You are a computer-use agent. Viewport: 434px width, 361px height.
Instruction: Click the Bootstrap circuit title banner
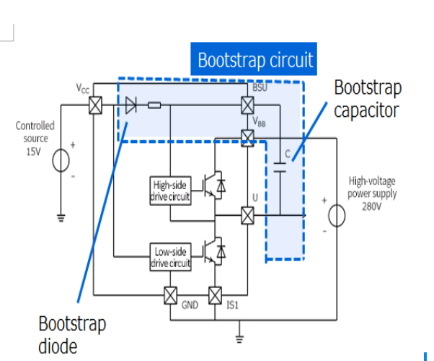[256, 59]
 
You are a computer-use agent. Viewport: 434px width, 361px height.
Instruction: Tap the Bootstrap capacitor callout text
[367, 99]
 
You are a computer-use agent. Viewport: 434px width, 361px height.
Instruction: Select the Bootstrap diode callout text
[71, 334]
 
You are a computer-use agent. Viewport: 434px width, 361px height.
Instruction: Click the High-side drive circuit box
[171, 189]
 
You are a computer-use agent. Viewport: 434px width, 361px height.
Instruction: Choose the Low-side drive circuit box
[171, 258]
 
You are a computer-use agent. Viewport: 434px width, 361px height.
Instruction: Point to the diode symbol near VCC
[130, 105]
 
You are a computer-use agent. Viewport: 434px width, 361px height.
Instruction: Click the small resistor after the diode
[154, 105]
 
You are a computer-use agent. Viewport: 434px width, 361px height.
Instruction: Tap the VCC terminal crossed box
[94, 105]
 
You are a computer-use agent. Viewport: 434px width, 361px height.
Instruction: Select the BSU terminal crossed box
[247, 105]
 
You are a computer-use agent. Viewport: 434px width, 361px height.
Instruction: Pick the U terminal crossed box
[247, 215]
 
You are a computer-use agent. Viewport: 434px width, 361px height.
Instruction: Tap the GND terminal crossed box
[171, 296]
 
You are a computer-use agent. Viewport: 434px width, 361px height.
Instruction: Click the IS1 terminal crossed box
[214, 296]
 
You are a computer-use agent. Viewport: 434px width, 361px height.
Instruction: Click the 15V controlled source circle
[61, 160]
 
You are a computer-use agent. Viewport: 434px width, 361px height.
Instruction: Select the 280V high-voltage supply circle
[337, 215]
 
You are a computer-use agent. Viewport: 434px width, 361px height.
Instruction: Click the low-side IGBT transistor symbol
[214, 251]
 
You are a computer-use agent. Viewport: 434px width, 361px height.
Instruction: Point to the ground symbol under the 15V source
[61, 215]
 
